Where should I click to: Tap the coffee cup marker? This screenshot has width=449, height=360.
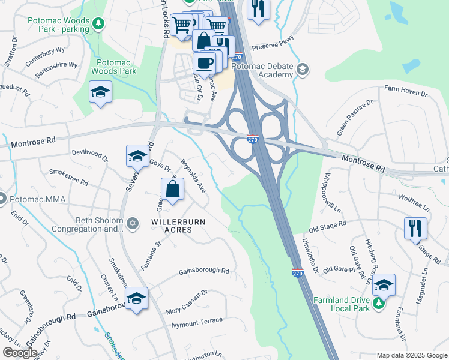tap(204, 63)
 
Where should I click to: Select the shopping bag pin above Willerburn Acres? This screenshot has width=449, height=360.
tap(172, 189)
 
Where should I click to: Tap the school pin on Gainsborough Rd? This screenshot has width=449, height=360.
tap(137, 298)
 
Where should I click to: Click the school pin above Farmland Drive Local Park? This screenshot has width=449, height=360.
tap(384, 285)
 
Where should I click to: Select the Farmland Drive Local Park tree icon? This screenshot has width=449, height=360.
tap(379, 303)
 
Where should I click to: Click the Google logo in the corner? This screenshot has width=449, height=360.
tap(20, 353)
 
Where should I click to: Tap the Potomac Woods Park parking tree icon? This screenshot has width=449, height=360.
tap(99, 23)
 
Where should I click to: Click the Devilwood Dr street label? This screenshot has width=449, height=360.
tap(89, 156)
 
